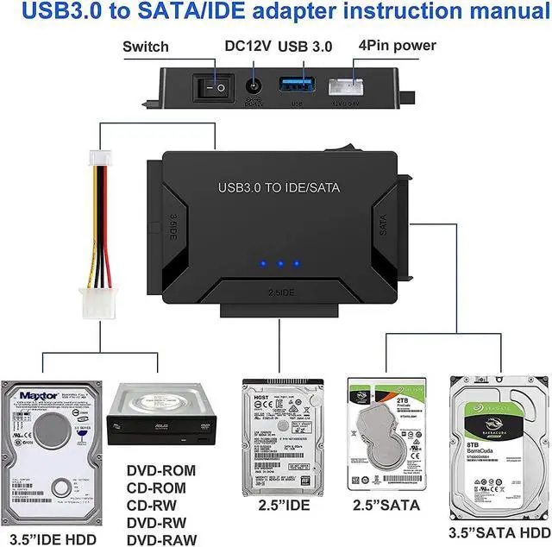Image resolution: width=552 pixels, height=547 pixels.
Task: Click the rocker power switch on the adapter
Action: pyautogui.click(x=215, y=86)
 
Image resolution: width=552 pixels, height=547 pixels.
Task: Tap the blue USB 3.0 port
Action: pyautogui.click(x=294, y=87)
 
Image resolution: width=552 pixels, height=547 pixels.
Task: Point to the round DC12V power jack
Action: pyautogui.click(x=254, y=87)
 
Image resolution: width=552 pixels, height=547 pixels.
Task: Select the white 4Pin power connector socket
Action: pyautogui.click(x=361, y=87)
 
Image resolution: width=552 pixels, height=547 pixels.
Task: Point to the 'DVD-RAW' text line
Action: pyautogui.click(x=161, y=540)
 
